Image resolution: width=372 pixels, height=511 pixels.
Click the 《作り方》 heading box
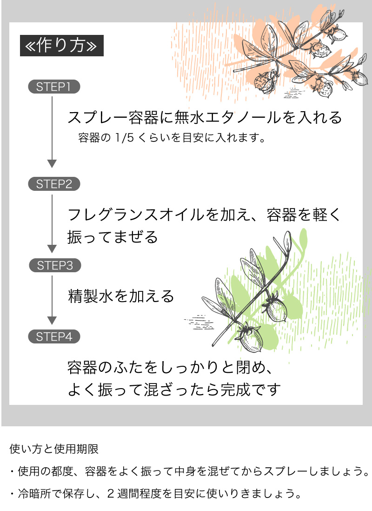coord(62,46)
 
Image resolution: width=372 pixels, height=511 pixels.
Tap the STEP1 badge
coord(54,87)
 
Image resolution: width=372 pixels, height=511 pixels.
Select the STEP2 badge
coord(54,184)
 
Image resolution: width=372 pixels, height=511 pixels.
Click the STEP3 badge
coord(55,265)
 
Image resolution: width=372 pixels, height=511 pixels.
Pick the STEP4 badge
coord(54,336)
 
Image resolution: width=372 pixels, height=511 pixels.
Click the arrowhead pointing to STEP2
coord(52,164)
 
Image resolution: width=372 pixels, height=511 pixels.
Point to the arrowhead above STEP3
coord(52,249)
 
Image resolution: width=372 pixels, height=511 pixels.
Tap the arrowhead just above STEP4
coord(52,320)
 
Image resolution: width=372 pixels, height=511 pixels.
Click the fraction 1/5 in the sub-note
coord(124,138)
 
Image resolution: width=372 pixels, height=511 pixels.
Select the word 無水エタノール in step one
coord(227,117)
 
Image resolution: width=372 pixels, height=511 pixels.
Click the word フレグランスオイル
coord(136,215)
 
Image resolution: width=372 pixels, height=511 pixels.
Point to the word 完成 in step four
coord(235,390)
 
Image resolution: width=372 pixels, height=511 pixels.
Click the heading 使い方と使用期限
coord(54,449)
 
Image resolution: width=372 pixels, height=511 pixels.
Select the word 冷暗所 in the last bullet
coord(34,493)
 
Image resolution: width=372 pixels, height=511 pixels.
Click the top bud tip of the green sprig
coord(288,232)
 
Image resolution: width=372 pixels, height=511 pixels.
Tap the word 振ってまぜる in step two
coord(113,237)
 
